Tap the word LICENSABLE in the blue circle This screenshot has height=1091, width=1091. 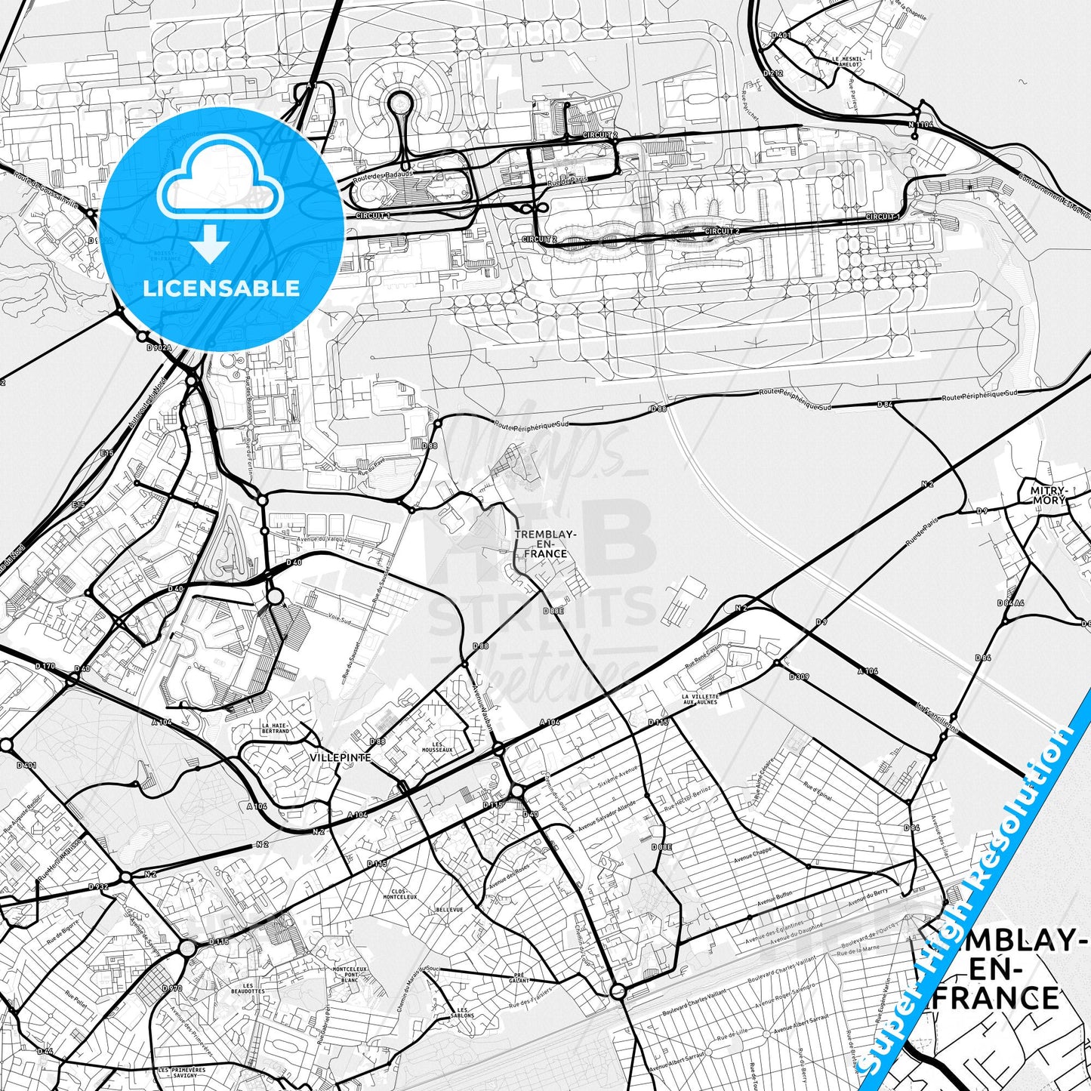coord(221,288)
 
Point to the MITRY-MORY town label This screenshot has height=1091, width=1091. coord(1048,495)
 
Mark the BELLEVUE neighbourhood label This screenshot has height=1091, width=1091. coord(449,910)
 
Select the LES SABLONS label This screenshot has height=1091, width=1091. coord(466,1012)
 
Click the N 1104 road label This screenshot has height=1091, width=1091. coord(921,125)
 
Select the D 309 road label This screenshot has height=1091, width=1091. coord(799,677)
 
